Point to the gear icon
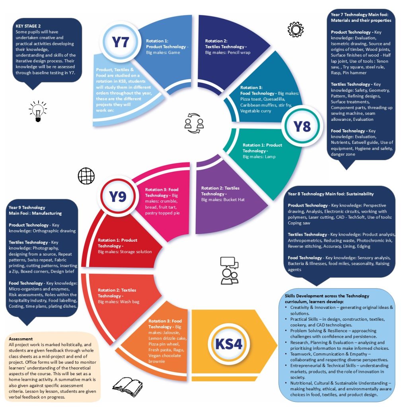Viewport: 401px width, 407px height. tap(295, 29)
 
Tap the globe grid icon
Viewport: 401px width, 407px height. tap(86, 176)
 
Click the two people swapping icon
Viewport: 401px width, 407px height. tap(194, 123)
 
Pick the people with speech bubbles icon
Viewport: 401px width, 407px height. tap(229, 270)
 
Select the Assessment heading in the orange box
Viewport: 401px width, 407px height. tap(21, 339)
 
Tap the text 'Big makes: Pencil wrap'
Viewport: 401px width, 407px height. tap(228, 52)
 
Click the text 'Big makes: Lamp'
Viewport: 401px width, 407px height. tap(259, 157)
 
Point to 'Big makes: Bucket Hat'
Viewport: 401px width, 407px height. tap(223, 200)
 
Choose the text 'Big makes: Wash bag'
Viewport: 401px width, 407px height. tap(119, 302)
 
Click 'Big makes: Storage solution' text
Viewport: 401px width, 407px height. tap(125, 252)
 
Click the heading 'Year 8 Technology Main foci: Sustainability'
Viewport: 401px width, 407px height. tap(331, 194)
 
